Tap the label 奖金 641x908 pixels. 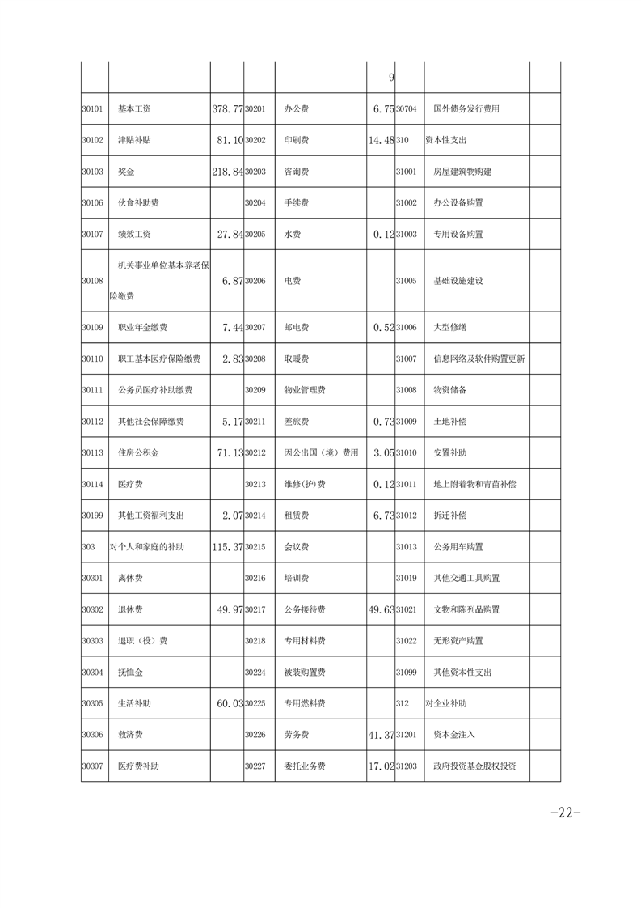click(125, 172)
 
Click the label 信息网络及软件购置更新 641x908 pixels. click(479, 359)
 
